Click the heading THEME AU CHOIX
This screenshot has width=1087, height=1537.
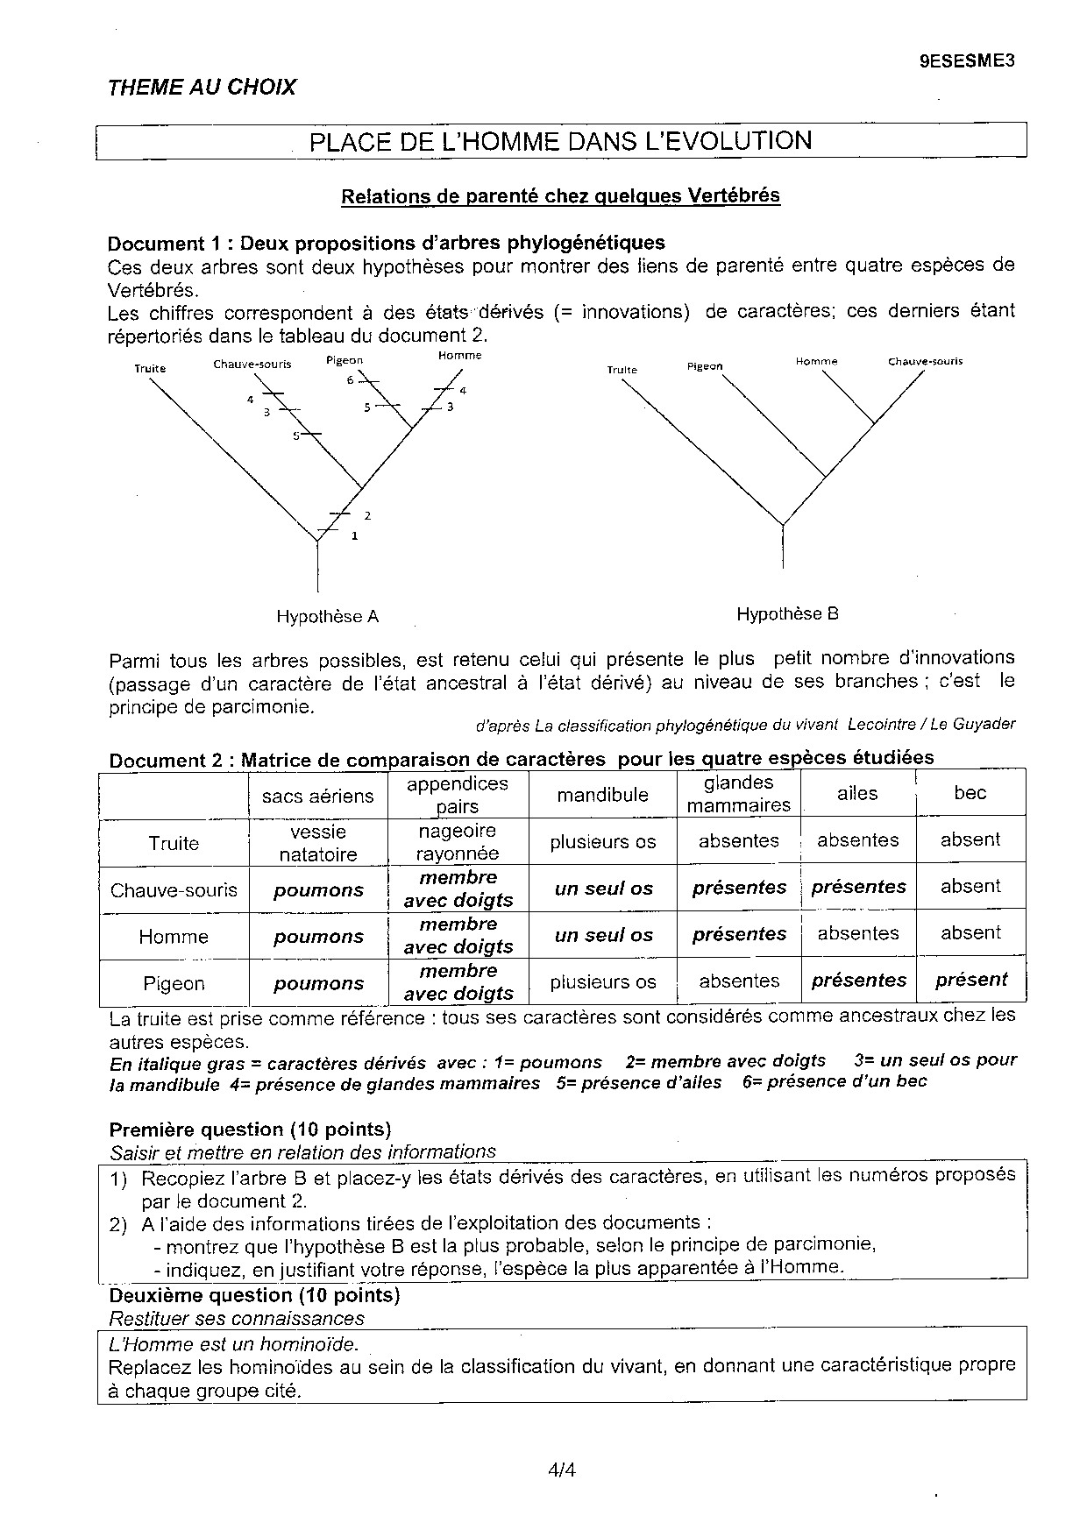pos(202,87)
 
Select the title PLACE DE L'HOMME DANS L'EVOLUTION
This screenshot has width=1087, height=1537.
pos(561,141)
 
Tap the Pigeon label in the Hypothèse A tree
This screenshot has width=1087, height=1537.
pos(344,360)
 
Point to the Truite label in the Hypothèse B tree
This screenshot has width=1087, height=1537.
pos(622,370)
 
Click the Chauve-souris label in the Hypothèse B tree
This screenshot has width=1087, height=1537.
pos(925,361)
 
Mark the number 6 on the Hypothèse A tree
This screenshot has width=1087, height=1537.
pos(351,379)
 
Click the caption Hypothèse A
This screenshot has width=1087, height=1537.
pos(327,616)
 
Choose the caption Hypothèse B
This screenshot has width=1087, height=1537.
pos(787,614)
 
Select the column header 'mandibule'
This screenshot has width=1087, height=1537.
pos(602,795)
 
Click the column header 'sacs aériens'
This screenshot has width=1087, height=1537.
pos(317,796)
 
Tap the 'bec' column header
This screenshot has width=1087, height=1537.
pos(970,793)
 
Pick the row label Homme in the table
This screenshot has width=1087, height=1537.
pos(174,937)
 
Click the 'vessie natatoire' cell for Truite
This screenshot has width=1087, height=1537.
pos(318,842)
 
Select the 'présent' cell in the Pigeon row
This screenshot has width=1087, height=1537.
pos(971,980)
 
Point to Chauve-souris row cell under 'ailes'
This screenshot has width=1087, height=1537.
pos(858,887)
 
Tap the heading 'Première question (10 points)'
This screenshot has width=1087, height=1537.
pos(250,1130)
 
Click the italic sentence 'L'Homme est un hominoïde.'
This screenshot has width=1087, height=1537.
pos(233,1343)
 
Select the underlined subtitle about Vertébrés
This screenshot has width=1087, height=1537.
pos(560,195)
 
